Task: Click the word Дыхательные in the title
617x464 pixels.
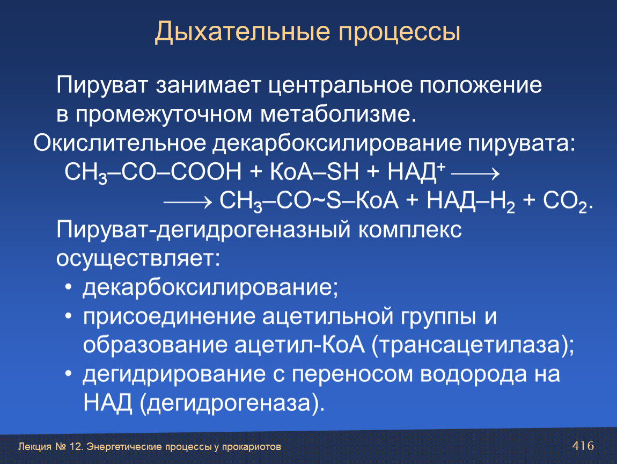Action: coord(242,32)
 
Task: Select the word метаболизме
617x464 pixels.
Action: coord(338,114)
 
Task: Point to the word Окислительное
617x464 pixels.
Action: coord(120,143)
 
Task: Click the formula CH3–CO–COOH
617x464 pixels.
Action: coord(153,172)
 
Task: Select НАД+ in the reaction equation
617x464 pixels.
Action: coord(416,172)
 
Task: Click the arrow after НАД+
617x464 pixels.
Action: coord(475,173)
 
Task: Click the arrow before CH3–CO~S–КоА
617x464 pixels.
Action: coord(188,202)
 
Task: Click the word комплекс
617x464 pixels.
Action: coord(409,230)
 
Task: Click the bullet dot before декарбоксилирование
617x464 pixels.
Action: coord(69,287)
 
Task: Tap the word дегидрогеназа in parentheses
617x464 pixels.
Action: coord(229,403)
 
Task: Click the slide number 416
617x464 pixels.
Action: coord(583,446)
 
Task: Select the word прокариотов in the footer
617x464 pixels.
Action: coord(252,447)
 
